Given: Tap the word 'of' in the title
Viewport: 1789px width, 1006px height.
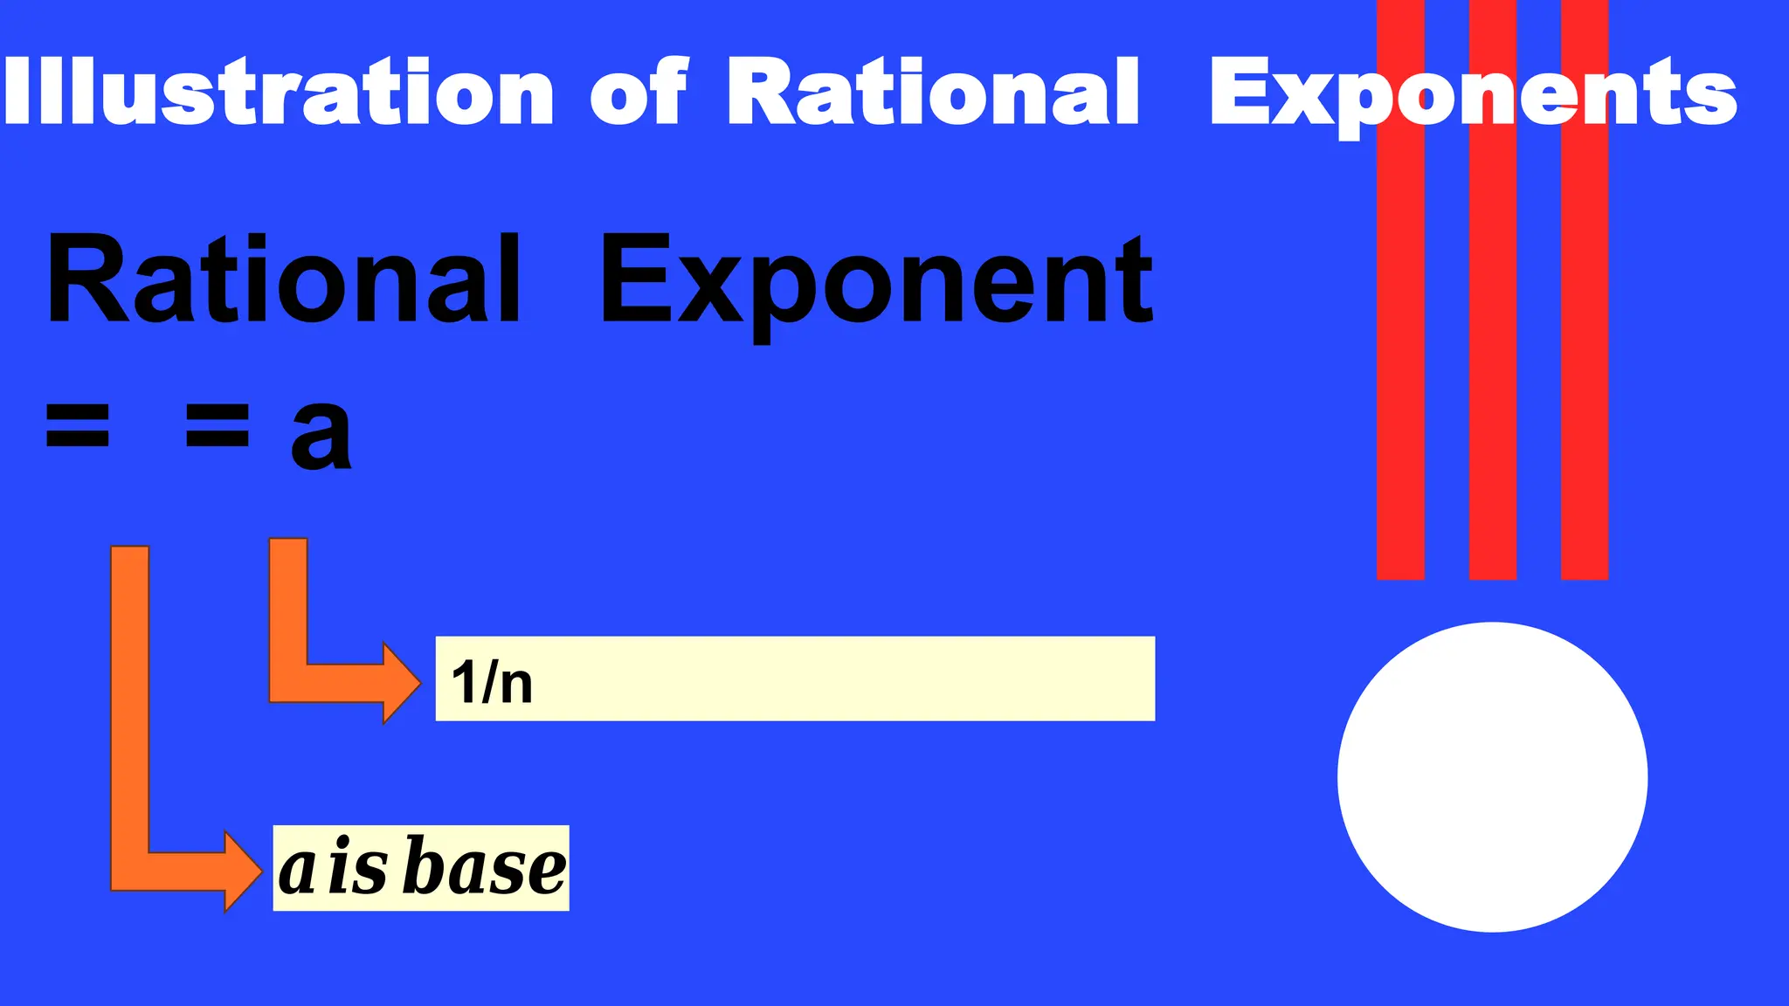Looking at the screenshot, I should pos(639,92).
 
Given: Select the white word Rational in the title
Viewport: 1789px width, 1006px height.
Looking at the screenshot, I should pos(933,92).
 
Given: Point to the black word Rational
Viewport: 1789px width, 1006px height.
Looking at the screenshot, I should pos(284,281).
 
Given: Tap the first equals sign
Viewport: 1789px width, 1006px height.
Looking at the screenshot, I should pos(78,425).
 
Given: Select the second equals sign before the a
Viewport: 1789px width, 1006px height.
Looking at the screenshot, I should pos(218,425).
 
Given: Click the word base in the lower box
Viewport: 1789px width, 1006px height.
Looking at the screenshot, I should pos(487,868).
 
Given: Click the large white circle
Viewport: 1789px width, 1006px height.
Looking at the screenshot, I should pos(1492,777).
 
